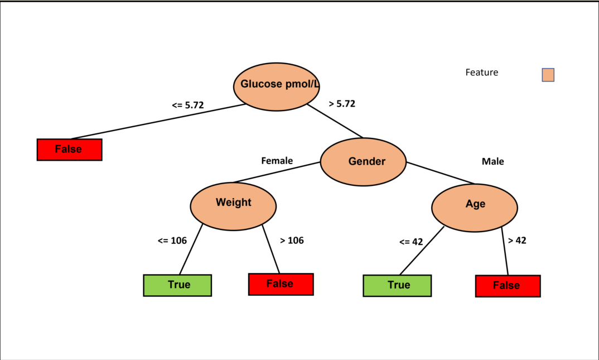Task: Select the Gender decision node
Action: point(363,162)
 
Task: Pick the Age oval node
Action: point(475,206)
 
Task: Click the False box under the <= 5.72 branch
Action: point(69,150)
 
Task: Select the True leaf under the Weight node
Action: point(177,285)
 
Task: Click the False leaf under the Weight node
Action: point(281,284)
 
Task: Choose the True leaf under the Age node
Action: point(397,285)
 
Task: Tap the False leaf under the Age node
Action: point(508,286)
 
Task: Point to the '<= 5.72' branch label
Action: point(187,105)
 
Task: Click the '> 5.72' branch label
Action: point(342,104)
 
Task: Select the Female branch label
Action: point(277,161)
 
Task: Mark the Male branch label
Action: point(492,161)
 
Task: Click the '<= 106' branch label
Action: point(172,241)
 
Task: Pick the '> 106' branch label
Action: point(292,241)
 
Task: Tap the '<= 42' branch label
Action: point(411,242)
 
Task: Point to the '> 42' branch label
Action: point(517,241)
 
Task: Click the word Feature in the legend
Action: point(481,73)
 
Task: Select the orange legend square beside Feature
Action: point(548,75)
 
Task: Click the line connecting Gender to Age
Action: point(441,173)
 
